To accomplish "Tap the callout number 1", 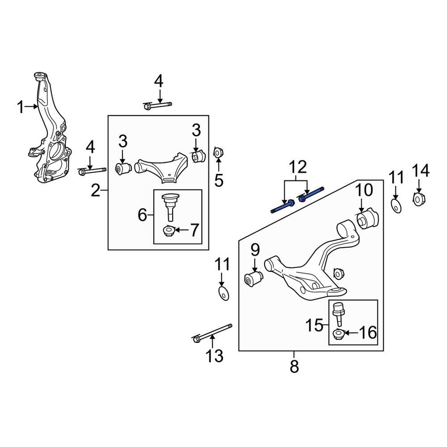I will click(x=20, y=107).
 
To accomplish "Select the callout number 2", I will click(x=95, y=191).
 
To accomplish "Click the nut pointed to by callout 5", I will click(x=218, y=153).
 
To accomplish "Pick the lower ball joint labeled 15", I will click(x=338, y=312).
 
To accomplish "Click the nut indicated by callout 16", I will click(x=340, y=333).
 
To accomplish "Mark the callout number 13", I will click(x=215, y=356).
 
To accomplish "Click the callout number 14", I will click(x=420, y=171).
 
